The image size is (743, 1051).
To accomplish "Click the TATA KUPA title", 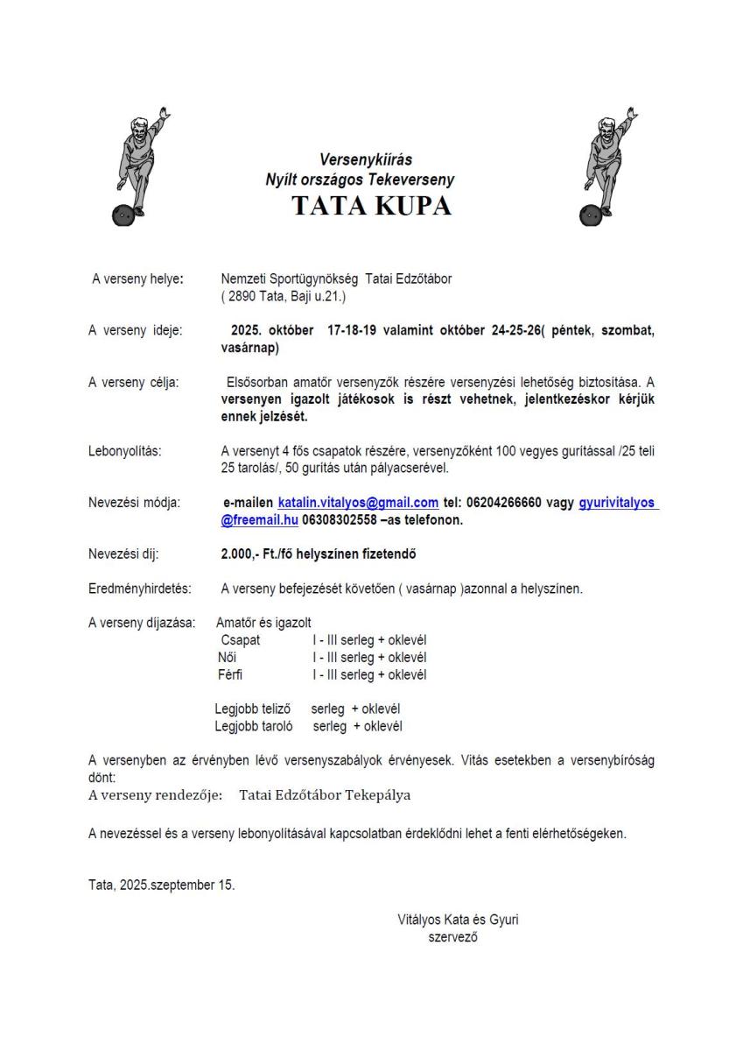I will [x=371, y=206].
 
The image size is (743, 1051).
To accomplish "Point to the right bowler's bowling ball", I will [x=589, y=215].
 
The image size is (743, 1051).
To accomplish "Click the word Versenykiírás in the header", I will [x=366, y=160].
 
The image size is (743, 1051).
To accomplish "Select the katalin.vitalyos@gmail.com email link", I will [x=358, y=503].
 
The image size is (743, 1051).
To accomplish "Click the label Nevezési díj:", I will [x=124, y=554].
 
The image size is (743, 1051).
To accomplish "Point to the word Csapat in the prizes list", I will [x=241, y=640].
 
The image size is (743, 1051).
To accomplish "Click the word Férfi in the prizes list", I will [x=231, y=674].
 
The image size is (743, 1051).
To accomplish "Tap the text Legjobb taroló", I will [x=254, y=726].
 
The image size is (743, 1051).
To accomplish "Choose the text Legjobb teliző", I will [x=253, y=709].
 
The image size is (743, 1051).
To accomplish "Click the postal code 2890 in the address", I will [x=245, y=297].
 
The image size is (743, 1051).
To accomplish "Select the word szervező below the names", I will [x=452, y=936].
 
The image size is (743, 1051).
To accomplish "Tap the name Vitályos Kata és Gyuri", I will [x=464, y=920].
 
